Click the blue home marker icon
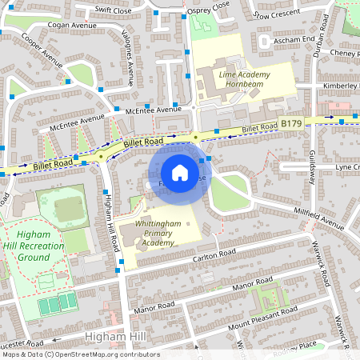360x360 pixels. [x=180, y=173]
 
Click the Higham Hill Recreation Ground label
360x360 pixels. [x=39, y=246]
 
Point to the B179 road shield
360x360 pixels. [x=291, y=124]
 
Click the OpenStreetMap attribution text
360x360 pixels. [x=80, y=354]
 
